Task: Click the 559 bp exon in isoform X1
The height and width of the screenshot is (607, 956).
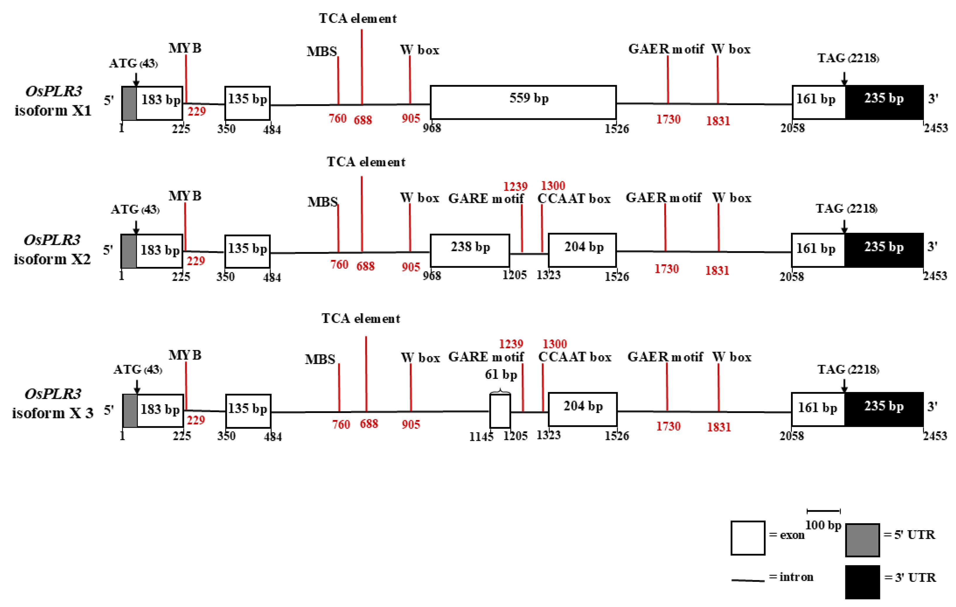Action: (x=523, y=103)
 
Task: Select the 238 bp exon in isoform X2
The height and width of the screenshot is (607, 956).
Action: (x=470, y=251)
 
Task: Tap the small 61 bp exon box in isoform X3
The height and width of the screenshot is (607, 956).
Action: (x=500, y=411)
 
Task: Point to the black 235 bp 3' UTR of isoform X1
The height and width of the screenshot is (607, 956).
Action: (x=884, y=103)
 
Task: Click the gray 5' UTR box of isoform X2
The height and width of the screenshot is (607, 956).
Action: (x=129, y=251)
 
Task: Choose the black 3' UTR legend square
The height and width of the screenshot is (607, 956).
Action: (x=862, y=582)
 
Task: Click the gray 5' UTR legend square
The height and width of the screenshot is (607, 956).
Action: (x=862, y=540)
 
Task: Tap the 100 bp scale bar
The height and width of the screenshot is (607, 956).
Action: (x=823, y=511)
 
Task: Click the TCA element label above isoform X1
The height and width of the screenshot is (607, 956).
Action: (x=358, y=19)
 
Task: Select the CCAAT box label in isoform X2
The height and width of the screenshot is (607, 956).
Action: (x=574, y=199)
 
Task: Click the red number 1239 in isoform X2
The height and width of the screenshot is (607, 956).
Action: (x=515, y=186)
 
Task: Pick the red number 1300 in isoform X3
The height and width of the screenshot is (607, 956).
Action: (x=555, y=344)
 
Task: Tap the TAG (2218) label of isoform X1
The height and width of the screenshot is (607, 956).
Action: (x=848, y=58)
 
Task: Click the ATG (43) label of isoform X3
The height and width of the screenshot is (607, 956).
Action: (x=137, y=370)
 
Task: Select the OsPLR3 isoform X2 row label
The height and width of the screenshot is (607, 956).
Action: (x=52, y=249)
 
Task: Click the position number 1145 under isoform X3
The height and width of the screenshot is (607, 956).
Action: (x=481, y=437)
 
